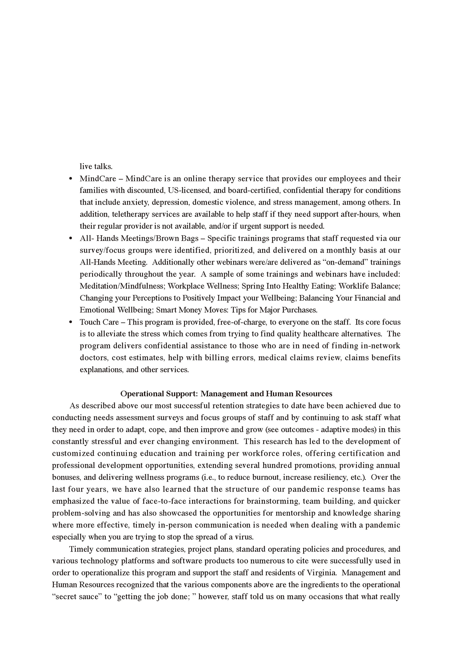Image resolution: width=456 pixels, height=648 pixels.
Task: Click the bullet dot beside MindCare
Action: (71, 179)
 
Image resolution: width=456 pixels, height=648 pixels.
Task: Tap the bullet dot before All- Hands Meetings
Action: (71, 238)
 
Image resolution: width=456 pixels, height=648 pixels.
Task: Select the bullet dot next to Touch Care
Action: (71, 322)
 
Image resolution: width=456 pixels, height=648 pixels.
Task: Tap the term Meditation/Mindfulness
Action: (122, 286)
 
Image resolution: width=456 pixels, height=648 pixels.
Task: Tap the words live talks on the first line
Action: (96, 166)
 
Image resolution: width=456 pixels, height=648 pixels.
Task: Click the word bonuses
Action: (66, 477)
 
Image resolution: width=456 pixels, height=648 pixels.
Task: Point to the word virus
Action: (244, 537)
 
